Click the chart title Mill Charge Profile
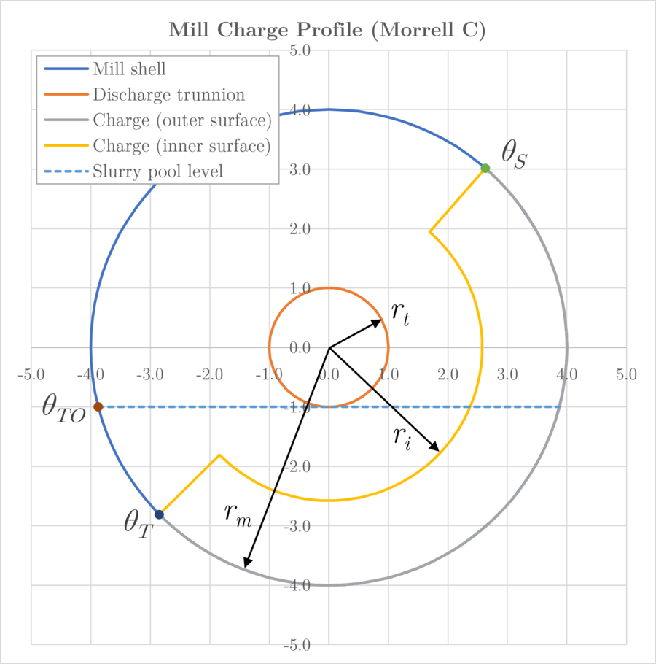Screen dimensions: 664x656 (x=327, y=30)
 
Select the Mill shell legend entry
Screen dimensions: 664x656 (x=130, y=69)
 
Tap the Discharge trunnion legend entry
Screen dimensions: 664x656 (x=169, y=95)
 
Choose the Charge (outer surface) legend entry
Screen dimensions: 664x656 (x=182, y=120)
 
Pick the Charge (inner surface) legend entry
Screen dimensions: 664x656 (x=182, y=146)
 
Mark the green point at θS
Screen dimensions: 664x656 (x=485, y=169)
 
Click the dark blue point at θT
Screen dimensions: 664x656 (x=159, y=514)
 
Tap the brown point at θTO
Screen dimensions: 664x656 (x=98, y=407)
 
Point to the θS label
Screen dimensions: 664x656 (x=513, y=155)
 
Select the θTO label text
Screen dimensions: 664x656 (x=63, y=409)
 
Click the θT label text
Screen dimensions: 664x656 (x=138, y=523)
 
